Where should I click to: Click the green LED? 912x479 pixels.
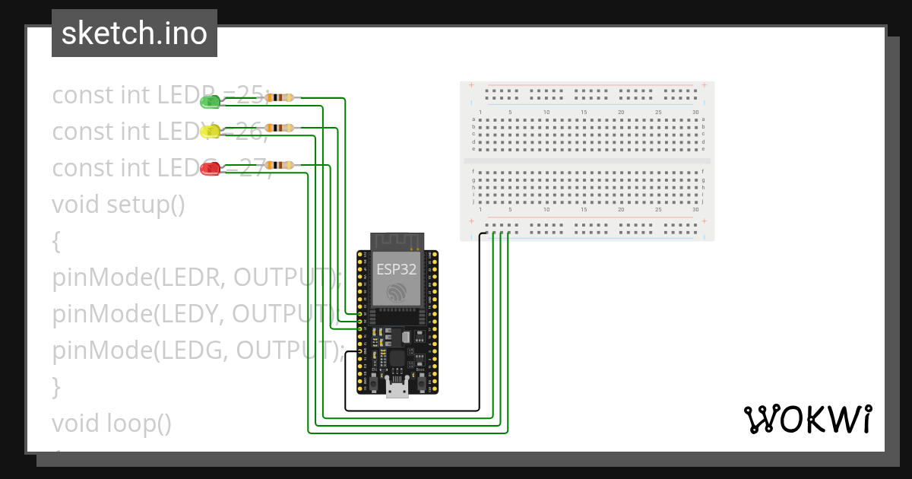(210, 101)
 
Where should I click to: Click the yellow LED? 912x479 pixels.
(210, 132)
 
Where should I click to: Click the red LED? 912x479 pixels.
(210, 169)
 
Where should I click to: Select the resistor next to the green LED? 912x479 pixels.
(281, 97)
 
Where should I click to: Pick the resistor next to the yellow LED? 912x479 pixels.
(281, 127)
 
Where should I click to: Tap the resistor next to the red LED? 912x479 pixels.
(281, 164)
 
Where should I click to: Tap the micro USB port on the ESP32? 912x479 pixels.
(396, 390)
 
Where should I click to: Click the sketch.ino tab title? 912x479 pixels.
(135, 33)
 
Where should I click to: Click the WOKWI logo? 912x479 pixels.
(807, 419)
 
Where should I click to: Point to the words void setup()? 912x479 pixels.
(119, 205)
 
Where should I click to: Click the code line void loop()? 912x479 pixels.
(112, 423)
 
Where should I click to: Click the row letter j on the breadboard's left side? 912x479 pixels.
(473, 202)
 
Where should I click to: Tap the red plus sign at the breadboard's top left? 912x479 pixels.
(471, 85)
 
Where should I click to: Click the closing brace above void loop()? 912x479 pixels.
(56, 386)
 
